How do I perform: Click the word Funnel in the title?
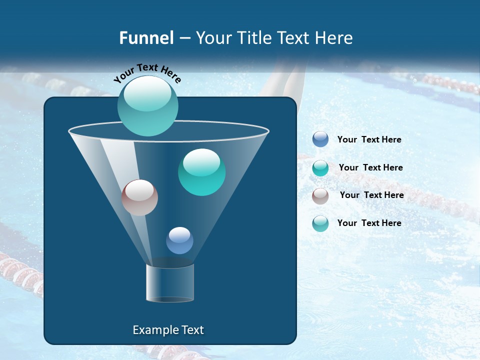click(x=146, y=38)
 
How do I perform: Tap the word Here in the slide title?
click(x=333, y=38)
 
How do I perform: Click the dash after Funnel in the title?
click(x=184, y=38)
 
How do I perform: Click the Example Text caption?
click(x=168, y=330)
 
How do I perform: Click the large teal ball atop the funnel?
click(x=147, y=105)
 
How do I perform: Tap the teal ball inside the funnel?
click(x=201, y=172)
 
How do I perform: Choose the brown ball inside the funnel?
click(x=139, y=197)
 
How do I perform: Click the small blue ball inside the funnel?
click(x=179, y=240)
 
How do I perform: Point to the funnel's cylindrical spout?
click(x=169, y=282)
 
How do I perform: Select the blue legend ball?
click(x=320, y=139)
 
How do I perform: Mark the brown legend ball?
click(x=320, y=195)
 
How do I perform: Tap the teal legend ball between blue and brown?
click(x=320, y=167)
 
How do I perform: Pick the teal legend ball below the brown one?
click(x=320, y=223)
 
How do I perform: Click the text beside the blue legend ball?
click(x=369, y=139)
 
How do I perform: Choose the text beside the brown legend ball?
click(x=371, y=195)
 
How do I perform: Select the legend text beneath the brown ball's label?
click(x=369, y=223)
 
